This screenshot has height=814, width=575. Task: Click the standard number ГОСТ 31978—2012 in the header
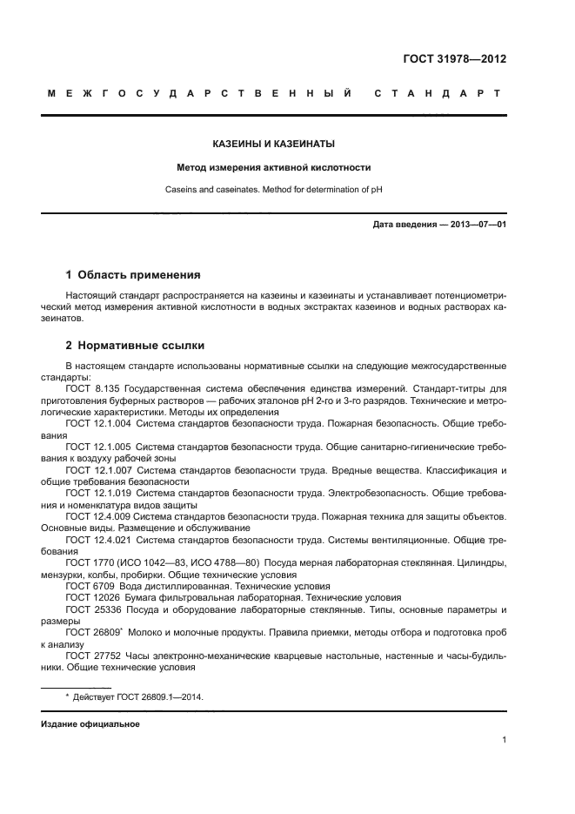click(455, 59)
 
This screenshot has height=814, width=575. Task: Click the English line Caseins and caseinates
click(274, 189)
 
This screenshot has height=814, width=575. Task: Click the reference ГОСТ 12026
click(91, 598)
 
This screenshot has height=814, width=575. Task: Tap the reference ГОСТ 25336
click(91, 610)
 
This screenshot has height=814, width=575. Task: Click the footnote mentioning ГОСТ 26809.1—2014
click(134, 697)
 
